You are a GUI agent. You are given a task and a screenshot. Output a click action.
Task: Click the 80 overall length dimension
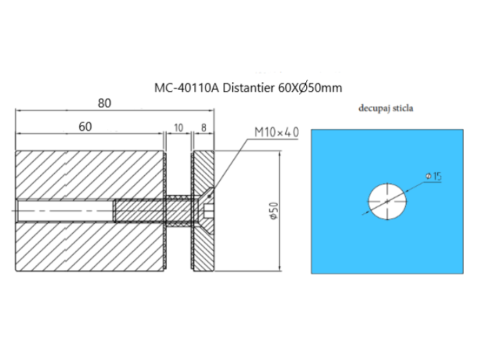click(104, 104)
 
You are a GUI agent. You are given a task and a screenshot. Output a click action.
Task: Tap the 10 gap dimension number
click(178, 127)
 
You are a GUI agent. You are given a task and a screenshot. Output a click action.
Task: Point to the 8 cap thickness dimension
click(204, 127)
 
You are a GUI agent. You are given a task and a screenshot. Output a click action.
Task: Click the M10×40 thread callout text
click(276, 132)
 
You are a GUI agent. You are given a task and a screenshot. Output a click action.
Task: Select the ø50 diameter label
click(274, 211)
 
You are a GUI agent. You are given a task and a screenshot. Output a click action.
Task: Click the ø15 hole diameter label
click(433, 177)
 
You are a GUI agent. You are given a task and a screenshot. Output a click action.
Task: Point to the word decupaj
click(374, 108)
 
